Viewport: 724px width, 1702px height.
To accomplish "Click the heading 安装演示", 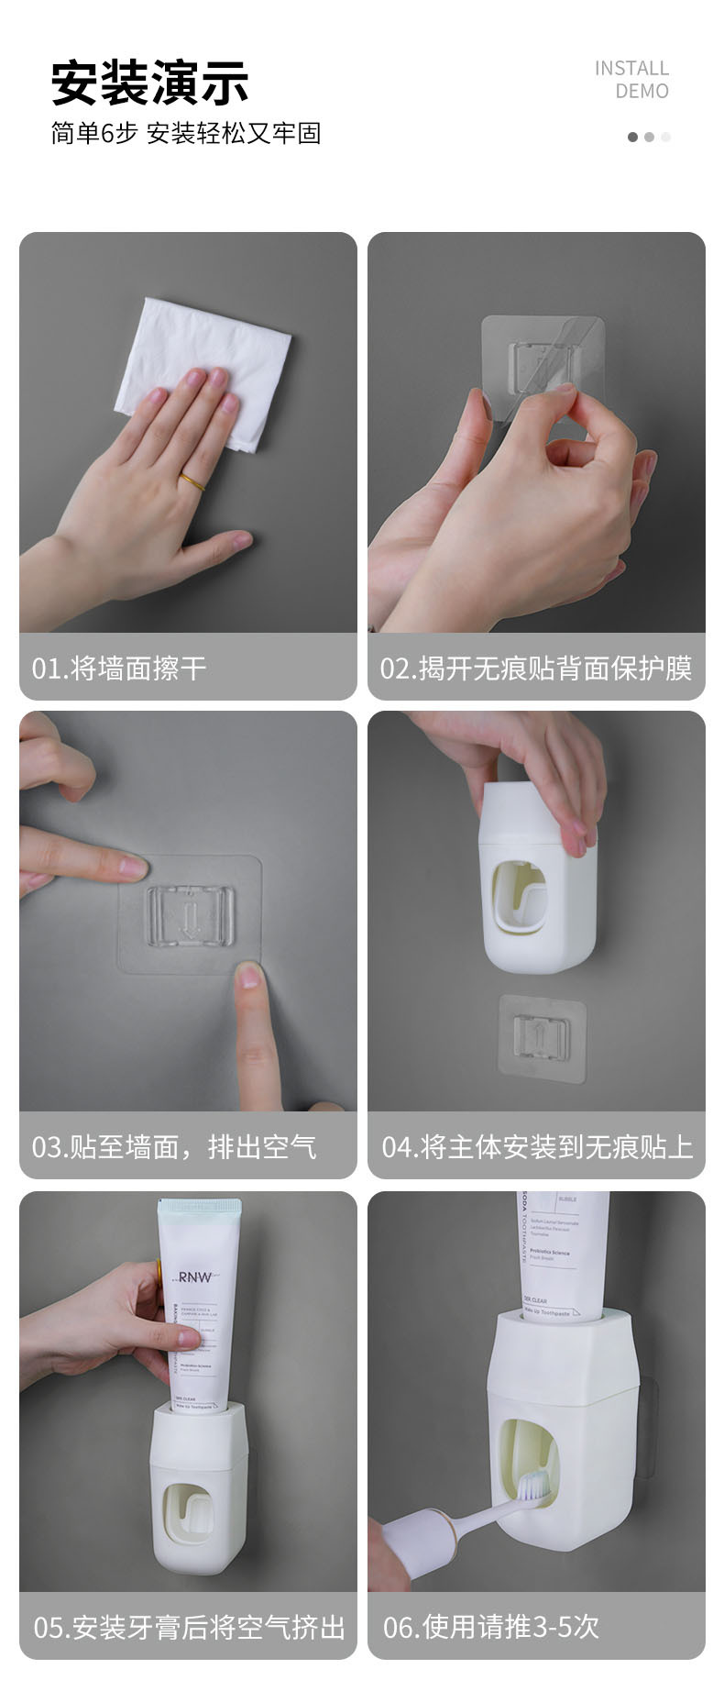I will point(149,83).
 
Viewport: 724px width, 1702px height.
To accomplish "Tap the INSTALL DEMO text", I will point(631,80).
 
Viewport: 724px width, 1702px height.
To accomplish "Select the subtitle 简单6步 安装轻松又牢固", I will point(186,134).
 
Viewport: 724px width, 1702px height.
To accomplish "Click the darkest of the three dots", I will point(632,138).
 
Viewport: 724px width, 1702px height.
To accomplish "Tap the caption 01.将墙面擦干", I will point(119,668).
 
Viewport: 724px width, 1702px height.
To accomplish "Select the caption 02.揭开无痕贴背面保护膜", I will point(536,668).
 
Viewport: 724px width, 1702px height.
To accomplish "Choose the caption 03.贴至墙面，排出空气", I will point(174,1146).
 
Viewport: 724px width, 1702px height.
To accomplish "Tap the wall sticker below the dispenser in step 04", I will point(542,1036).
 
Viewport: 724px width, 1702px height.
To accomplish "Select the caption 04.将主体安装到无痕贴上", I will point(537,1146).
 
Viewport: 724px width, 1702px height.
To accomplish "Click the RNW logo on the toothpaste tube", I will point(195,1276).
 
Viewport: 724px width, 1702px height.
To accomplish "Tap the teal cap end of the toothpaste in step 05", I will point(199,1212).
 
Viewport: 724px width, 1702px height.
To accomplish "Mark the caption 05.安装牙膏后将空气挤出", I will point(189,1627).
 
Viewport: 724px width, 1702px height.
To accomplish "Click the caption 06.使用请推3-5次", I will point(491,1627).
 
